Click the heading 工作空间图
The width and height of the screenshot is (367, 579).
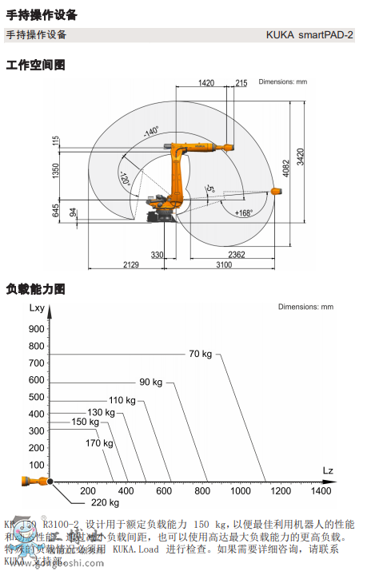tap(35, 64)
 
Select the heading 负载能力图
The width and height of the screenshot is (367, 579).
tap(35, 288)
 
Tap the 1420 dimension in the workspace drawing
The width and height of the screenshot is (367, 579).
tap(206, 82)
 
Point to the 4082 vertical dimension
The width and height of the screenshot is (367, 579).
tap(285, 169)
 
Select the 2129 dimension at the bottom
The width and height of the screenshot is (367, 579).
tap(131, 265)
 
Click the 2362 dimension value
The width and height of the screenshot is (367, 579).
tap(236, 255)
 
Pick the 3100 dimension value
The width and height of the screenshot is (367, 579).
tap(236, 265)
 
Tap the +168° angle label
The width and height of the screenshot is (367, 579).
tap(244, 213)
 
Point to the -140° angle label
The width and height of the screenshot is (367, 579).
tap(151, 132)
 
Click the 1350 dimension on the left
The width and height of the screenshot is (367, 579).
tap(56, 171)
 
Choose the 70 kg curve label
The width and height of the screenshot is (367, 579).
tap(201, 354)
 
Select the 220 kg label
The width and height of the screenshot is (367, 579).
tap(105, 502)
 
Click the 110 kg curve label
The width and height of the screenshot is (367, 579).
tap(122, 399)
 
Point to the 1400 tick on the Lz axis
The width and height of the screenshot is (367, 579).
tap(321, 491)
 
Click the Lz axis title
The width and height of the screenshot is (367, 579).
tap(328, 470)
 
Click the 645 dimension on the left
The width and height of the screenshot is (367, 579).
tap(56, 211)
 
